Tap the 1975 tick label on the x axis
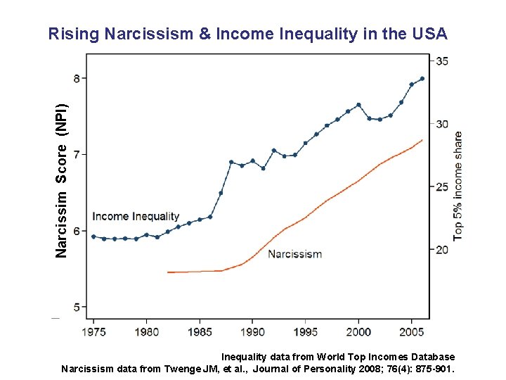click(93, 331)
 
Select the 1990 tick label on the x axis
click(253, 331)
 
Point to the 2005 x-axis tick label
click(412, 331)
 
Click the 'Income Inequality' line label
click(136, 217)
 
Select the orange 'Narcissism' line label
click(295, 254)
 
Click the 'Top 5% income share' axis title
click(458, 186)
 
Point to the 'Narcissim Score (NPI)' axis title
click(62, 180)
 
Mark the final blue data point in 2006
click(422, 79)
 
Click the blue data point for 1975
click(93, 236)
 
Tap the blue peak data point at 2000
click(358, 105)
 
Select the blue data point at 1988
click(231, 162)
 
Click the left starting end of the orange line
click(168, 272)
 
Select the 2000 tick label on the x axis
click(358, 331)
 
